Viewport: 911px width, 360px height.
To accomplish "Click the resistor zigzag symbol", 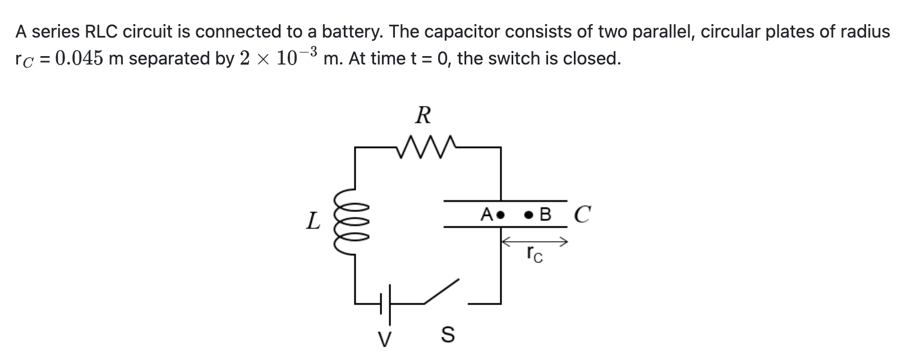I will (x=425, y=146).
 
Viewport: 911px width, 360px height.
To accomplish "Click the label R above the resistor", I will (x=423, y=116).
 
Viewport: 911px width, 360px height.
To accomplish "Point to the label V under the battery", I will (x=384, y=339).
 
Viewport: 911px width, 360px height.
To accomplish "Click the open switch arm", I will (x=441, y=292).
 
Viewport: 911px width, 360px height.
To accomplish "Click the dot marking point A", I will (x=501, y=214).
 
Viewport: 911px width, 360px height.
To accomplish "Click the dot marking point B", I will (x=528, y=214).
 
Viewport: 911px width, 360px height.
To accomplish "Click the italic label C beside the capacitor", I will (x=582, y=214).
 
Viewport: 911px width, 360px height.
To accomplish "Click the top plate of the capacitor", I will (x=505, y=200).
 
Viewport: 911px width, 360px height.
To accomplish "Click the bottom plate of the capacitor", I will (x=505, y=227).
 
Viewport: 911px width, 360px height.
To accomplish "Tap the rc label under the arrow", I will (x=534, y=256).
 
